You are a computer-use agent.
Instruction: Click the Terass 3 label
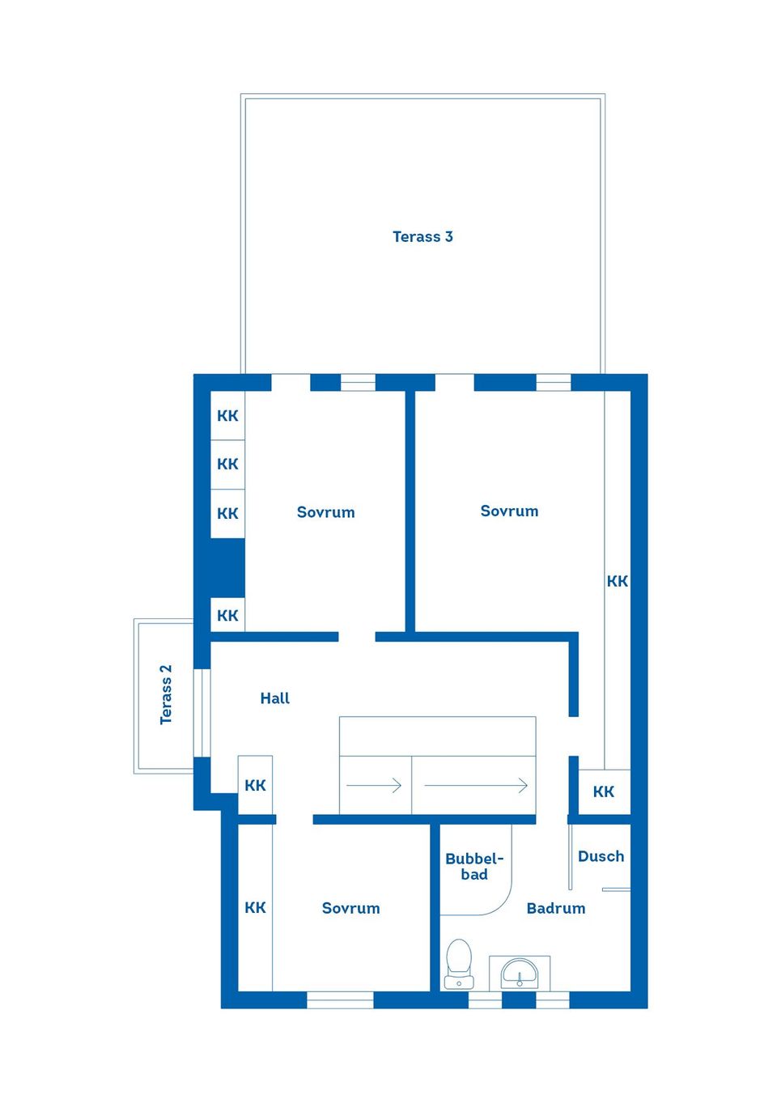[422, 236]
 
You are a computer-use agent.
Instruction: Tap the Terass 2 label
[166, 694]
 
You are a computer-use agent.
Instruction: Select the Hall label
[274, 698]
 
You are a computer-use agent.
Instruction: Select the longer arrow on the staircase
[475, 786]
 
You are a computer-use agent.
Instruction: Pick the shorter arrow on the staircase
[374, 786]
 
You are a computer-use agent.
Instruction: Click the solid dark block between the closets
[227, 567]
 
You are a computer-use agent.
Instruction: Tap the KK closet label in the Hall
[255, 786]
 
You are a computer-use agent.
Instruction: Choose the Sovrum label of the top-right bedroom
[509, 511]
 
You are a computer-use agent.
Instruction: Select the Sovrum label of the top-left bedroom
[325, 512]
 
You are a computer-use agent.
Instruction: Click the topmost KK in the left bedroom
[227, 415]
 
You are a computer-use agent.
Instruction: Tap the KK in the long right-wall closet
[617, 581]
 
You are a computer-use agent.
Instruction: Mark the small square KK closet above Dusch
[605, 791]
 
